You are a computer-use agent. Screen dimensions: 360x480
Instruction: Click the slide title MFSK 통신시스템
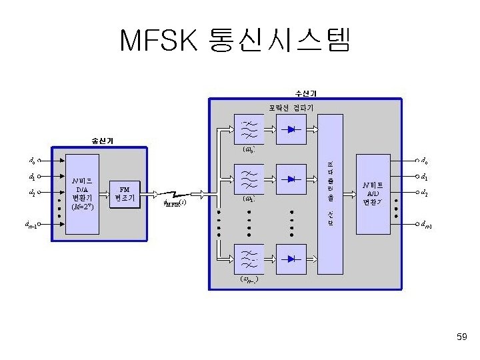click(234, 41)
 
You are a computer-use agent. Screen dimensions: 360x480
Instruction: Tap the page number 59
click(461, 339)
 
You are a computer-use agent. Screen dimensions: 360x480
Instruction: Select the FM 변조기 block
click(124, 193)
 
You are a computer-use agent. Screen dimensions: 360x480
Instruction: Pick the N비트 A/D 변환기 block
click(373, 193)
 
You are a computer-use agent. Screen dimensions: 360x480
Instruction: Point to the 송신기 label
click(102, 140)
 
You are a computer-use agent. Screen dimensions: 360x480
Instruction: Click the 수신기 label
click(306, 93)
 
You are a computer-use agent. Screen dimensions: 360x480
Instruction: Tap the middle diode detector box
click(291, 179)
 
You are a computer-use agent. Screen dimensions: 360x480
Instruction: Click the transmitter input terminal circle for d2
click(39, 193)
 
